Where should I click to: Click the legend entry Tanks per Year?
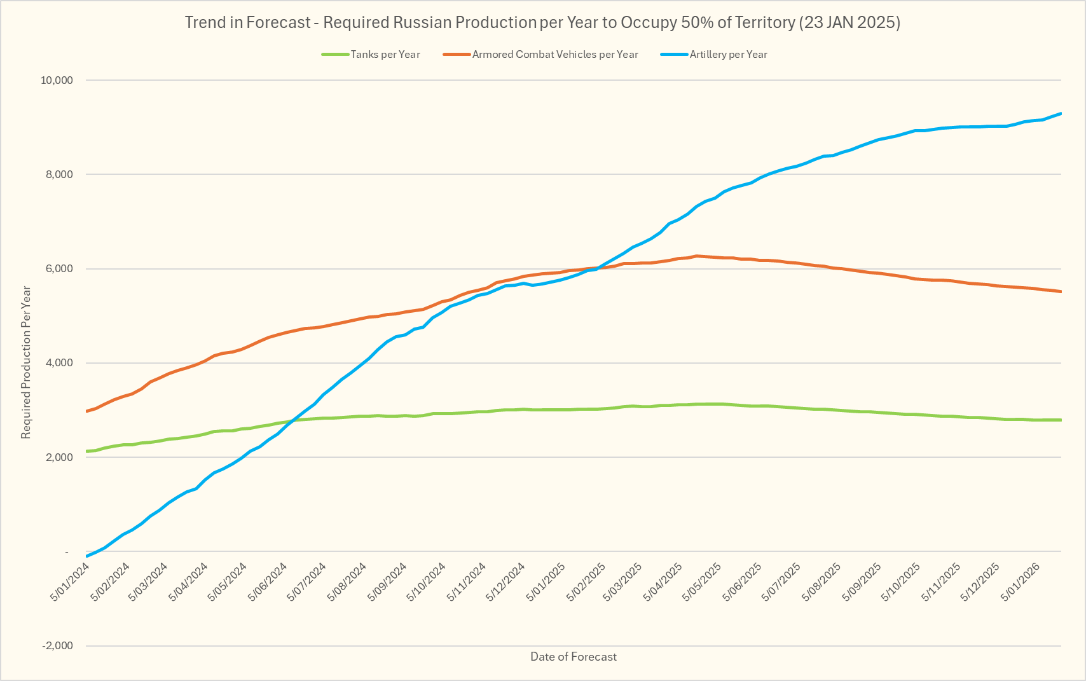385,55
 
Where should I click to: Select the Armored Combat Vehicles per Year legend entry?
554,55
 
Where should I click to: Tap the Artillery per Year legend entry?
728,55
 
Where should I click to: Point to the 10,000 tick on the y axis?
57,81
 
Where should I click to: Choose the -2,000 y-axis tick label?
57,646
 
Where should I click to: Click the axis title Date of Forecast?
574,657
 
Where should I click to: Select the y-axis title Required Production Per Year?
26,363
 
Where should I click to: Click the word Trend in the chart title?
205,23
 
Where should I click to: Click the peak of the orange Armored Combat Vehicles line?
697,256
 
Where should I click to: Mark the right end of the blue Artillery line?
1061,114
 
